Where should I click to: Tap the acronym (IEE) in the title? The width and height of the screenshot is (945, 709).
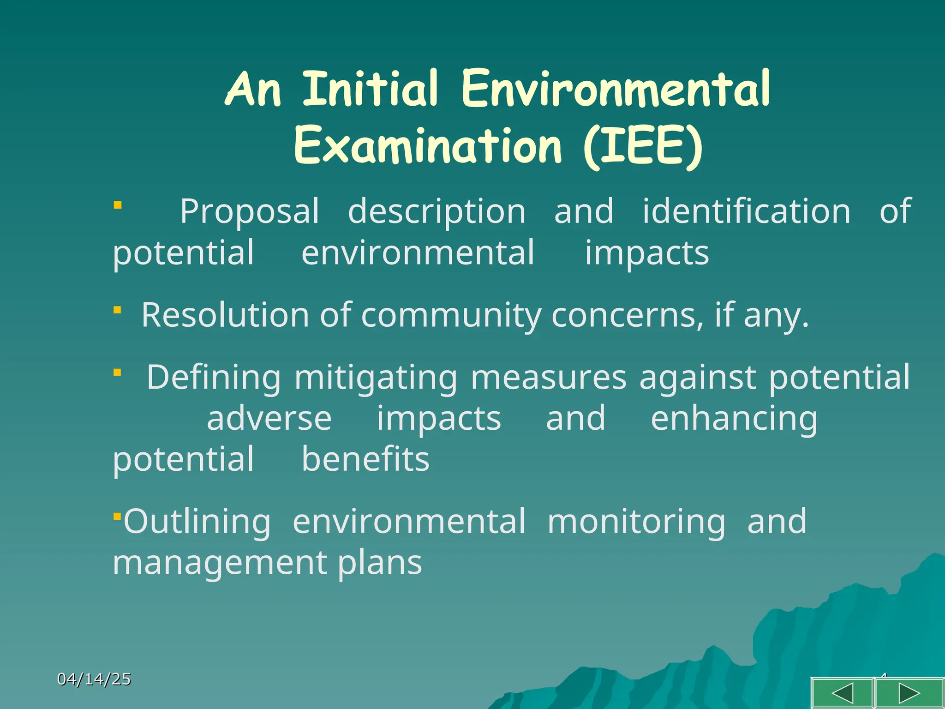pos(643,147)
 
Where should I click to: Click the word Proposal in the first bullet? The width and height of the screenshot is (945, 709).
pos(249,211)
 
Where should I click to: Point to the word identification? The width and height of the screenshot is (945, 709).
pos(746,211)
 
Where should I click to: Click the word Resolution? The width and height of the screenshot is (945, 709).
pos(225,315)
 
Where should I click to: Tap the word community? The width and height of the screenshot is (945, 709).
pos(451,316)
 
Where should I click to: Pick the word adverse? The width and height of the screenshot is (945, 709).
pos(269,419)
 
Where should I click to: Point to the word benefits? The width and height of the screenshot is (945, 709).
pos(365,459)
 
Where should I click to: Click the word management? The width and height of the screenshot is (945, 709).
pos(219,563)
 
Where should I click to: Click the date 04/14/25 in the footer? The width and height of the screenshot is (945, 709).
pos(94,679)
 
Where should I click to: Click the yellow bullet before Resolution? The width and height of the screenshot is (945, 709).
pos(118,310)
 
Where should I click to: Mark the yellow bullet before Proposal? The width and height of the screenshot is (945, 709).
pos(118,205)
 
